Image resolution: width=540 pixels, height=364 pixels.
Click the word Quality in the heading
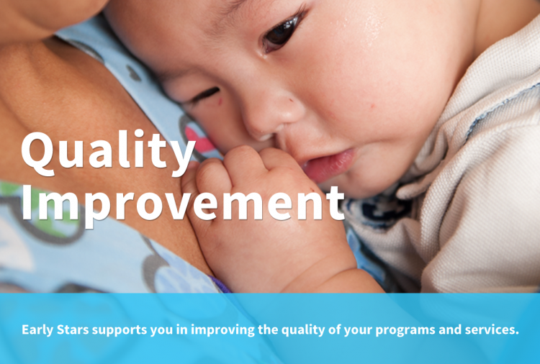click(108, 153)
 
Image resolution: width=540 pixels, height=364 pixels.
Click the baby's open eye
click(282, 32)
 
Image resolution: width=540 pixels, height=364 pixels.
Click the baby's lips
click(329, 165)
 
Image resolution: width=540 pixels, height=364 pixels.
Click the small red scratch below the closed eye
click(220, 101)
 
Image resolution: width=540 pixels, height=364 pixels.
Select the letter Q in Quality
click(38, 153)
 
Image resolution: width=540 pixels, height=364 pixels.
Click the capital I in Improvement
click(27, 202)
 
